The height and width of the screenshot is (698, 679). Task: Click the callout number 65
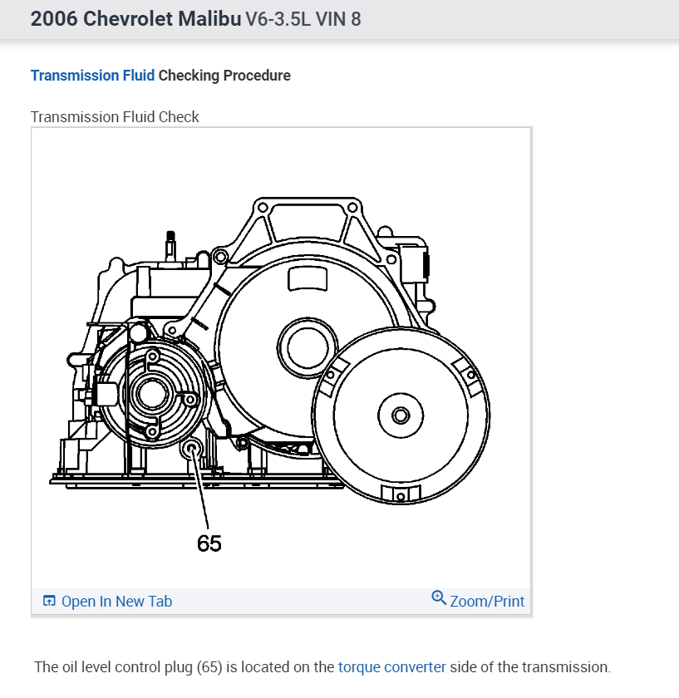click(209, 543)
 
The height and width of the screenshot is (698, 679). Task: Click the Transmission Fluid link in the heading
click(92, 76)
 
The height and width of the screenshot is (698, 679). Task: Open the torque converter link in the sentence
click(392, 667)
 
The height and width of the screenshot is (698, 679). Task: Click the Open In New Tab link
click(116, 601)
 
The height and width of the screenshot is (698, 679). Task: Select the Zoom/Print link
click(487, 601)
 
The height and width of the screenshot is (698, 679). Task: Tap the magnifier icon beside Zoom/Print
click(439, 598)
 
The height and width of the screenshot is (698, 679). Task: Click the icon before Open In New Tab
click(49, 601)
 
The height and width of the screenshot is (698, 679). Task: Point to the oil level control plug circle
click(191, 450)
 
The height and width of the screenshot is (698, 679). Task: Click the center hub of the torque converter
click(401, 414)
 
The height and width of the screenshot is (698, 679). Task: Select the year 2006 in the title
click(55, 18)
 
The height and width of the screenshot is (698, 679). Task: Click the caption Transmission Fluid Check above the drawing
click(115, 116)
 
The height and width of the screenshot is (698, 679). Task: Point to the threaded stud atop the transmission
click(170, 243)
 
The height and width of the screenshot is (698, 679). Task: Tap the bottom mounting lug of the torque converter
click(401, 495)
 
